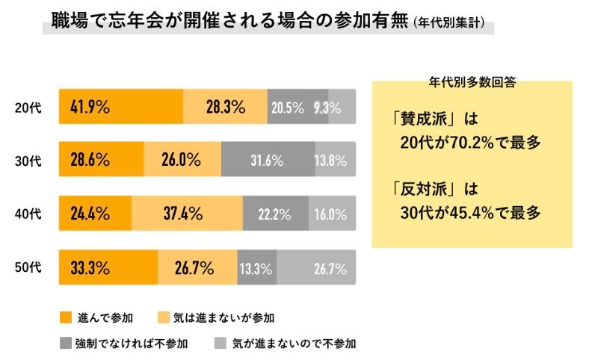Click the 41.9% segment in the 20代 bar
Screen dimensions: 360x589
coord(121,107)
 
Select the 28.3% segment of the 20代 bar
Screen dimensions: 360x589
coord(225,107)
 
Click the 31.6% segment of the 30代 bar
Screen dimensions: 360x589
coord(268,160)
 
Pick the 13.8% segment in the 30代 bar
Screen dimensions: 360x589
coord(335,160)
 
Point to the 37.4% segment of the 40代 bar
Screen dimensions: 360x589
coord(187,214)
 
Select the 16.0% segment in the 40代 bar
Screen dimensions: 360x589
coord(331,214)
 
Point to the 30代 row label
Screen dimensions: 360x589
coord(28,161)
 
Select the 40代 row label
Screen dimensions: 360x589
coord(28,214)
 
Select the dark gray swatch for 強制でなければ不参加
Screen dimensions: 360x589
coord(65,344)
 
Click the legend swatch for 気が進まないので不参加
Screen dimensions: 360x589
coord(220,344)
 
